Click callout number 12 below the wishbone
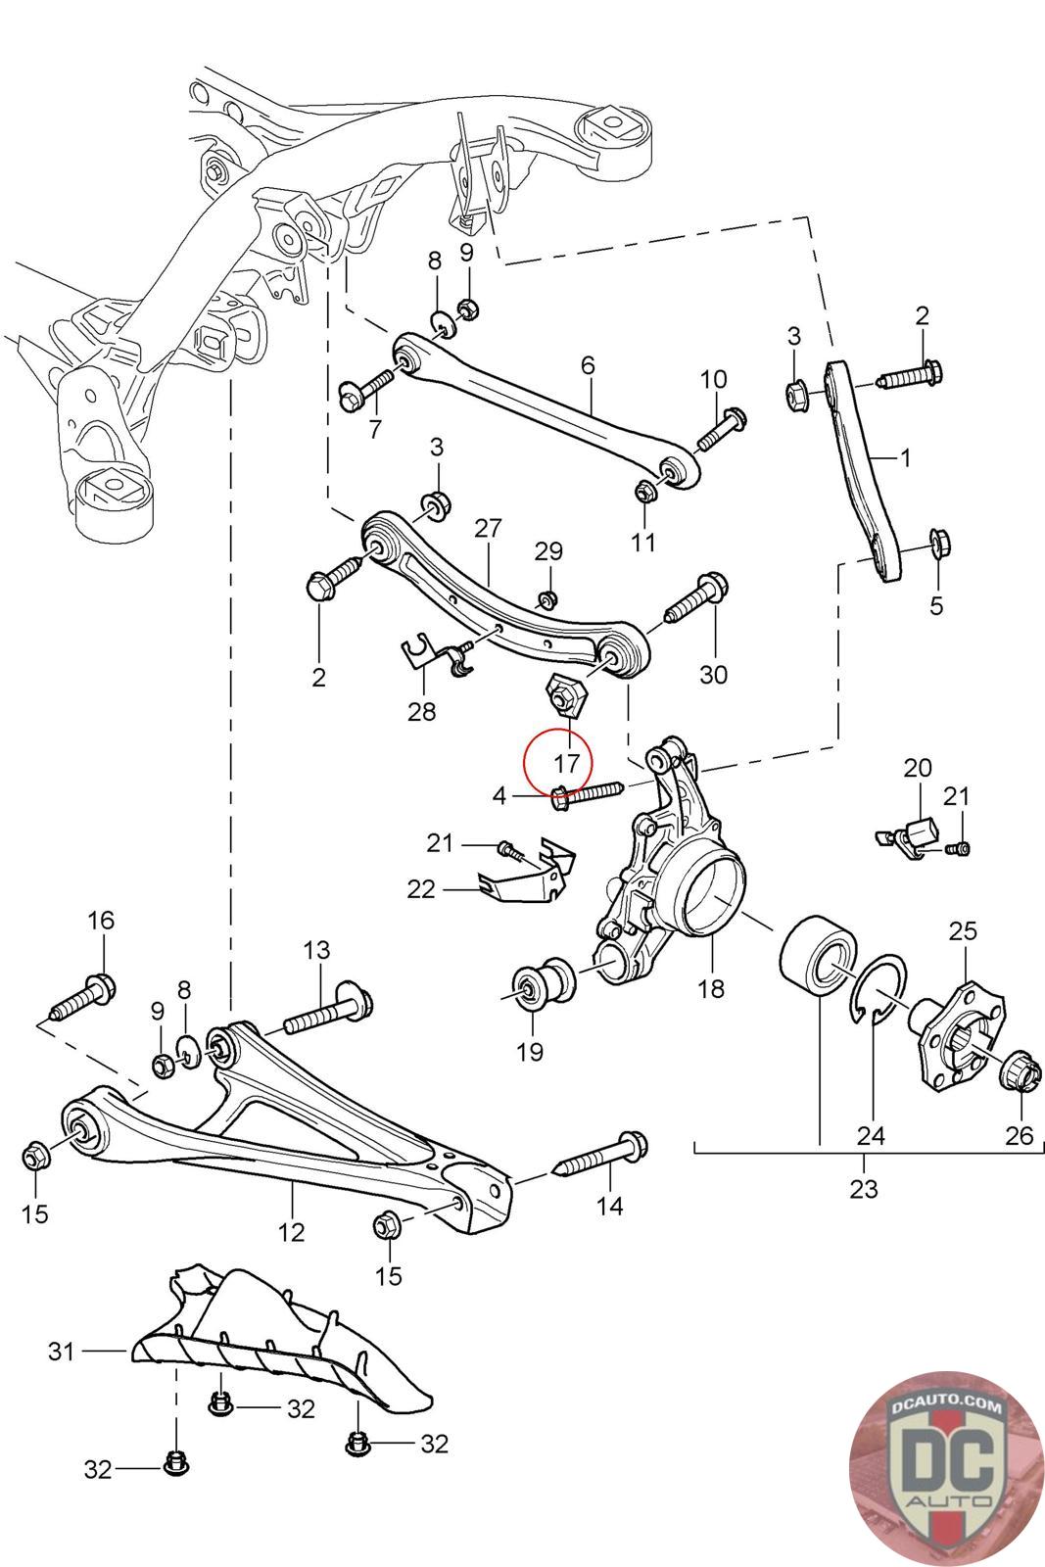[x=291, y=1231]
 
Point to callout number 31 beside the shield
[x=62, y=1351]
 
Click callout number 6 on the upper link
[x=588, y=365]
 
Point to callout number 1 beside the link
[x=905, y=457]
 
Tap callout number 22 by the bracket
[x=422, y=888]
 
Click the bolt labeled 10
[x=721, y=428]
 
